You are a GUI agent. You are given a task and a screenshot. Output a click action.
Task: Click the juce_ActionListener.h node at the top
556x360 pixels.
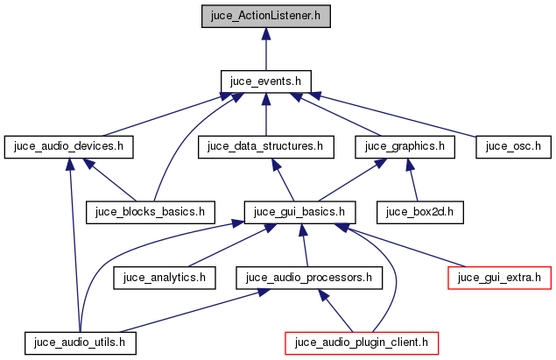(x=265, y=16)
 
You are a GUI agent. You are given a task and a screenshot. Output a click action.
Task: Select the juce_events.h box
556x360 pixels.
(x=265, y=81)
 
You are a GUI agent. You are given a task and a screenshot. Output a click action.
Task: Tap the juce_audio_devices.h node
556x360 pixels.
(x=68, y=146)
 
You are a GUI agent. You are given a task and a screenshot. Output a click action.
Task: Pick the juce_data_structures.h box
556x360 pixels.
(x=266, y=146)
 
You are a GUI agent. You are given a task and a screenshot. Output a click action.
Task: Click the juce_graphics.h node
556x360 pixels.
(x=405, y=146)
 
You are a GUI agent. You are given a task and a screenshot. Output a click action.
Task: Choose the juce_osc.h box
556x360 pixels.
(x=512, y=146)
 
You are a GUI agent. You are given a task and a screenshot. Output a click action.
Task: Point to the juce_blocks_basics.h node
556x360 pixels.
(x=151, y=212)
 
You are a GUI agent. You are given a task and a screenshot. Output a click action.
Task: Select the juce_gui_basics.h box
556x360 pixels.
(x=300, y=212)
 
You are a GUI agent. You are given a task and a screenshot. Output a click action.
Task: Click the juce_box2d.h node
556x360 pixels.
(x=419, y=212)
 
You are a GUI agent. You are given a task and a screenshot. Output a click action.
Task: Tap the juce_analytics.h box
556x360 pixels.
(x=165, y=278)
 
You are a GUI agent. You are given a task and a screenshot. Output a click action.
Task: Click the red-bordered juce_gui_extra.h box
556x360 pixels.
(x=500, y=278)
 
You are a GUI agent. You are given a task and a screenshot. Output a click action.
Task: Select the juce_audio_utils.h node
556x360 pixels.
(x=81, y=342)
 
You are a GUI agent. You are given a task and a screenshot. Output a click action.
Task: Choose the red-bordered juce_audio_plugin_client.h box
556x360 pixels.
(x=361, y=342)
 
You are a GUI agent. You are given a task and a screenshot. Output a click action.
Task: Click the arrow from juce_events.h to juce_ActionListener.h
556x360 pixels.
(x=265, y=49)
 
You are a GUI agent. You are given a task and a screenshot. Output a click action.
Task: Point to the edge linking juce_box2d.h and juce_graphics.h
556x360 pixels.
(x=412, y=180)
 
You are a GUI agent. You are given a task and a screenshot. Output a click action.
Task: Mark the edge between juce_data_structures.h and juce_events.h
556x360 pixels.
(x=265, y=115)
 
